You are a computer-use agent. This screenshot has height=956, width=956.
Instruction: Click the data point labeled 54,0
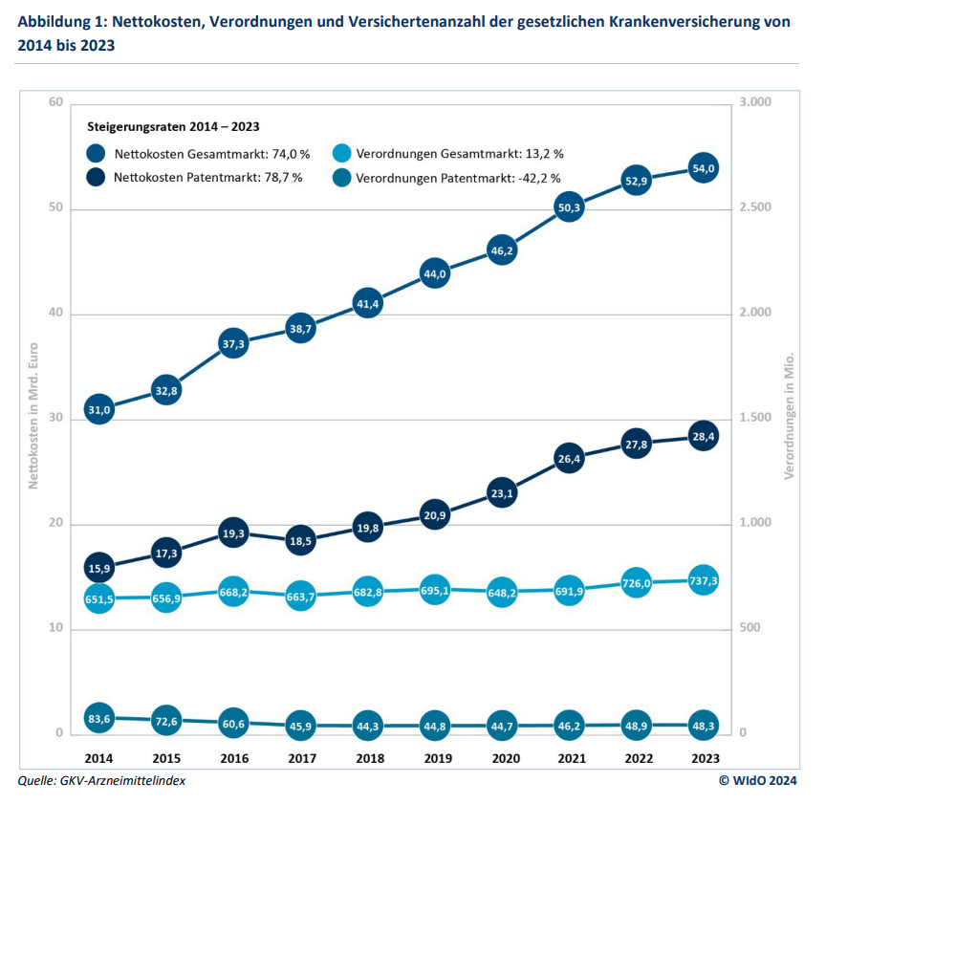(x=703, y=168)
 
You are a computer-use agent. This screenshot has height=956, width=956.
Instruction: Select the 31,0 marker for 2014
(x=99, y=409)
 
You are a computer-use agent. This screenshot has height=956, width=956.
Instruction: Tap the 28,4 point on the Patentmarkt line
(x=703, y=436)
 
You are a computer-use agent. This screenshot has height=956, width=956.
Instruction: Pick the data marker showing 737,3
(x=703, y=580)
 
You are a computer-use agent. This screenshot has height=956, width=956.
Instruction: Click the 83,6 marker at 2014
(x=99, y=718)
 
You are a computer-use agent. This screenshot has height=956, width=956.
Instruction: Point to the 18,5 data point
(x=300, y=540)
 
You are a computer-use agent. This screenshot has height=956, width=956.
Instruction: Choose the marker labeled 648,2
(x=501, y=592)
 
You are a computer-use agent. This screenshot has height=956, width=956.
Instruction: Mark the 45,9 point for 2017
(x=300, y=726)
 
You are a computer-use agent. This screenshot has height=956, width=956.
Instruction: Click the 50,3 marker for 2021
(x=569, y=207)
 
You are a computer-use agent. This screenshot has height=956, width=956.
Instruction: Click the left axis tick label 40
(x=56, y=314)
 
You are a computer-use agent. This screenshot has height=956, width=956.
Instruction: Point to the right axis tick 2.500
(x=755, y=208)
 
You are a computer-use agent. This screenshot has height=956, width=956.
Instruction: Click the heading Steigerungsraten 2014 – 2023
(x=173, y=126)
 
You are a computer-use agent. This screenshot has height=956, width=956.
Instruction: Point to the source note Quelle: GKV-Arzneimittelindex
(x=101, y=780)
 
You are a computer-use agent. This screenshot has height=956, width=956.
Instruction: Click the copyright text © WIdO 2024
(x=757, y=780)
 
